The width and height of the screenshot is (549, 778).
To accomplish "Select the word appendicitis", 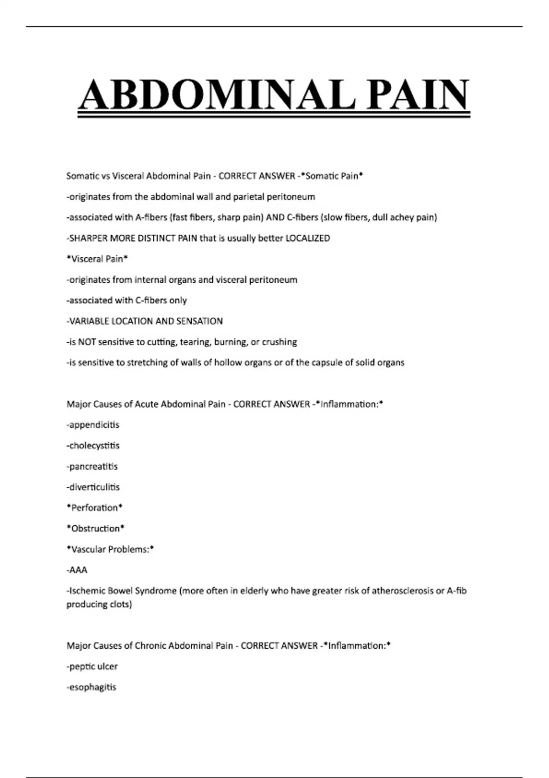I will [x=94, y=425].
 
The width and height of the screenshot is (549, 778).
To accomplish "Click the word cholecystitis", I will [x=94, y=445].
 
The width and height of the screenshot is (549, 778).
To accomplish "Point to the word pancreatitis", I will [x=93, y=466].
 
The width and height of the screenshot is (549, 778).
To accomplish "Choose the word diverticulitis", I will [x=94, y=487].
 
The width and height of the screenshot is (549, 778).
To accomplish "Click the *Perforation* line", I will [x=94, y=508].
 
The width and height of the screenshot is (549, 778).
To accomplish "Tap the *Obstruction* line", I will [x=96, y=528].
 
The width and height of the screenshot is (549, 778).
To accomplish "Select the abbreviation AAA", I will [x=78, y=570].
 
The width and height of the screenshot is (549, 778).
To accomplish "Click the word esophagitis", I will [x=93, y=687].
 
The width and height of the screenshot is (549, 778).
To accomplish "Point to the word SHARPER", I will [x=88, y=238].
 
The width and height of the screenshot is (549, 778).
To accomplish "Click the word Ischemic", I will [x=84, y=590].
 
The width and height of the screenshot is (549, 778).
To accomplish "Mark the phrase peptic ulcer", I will [x=93, y=666].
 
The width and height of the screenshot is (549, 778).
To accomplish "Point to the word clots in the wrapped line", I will [x=120, y=604].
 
